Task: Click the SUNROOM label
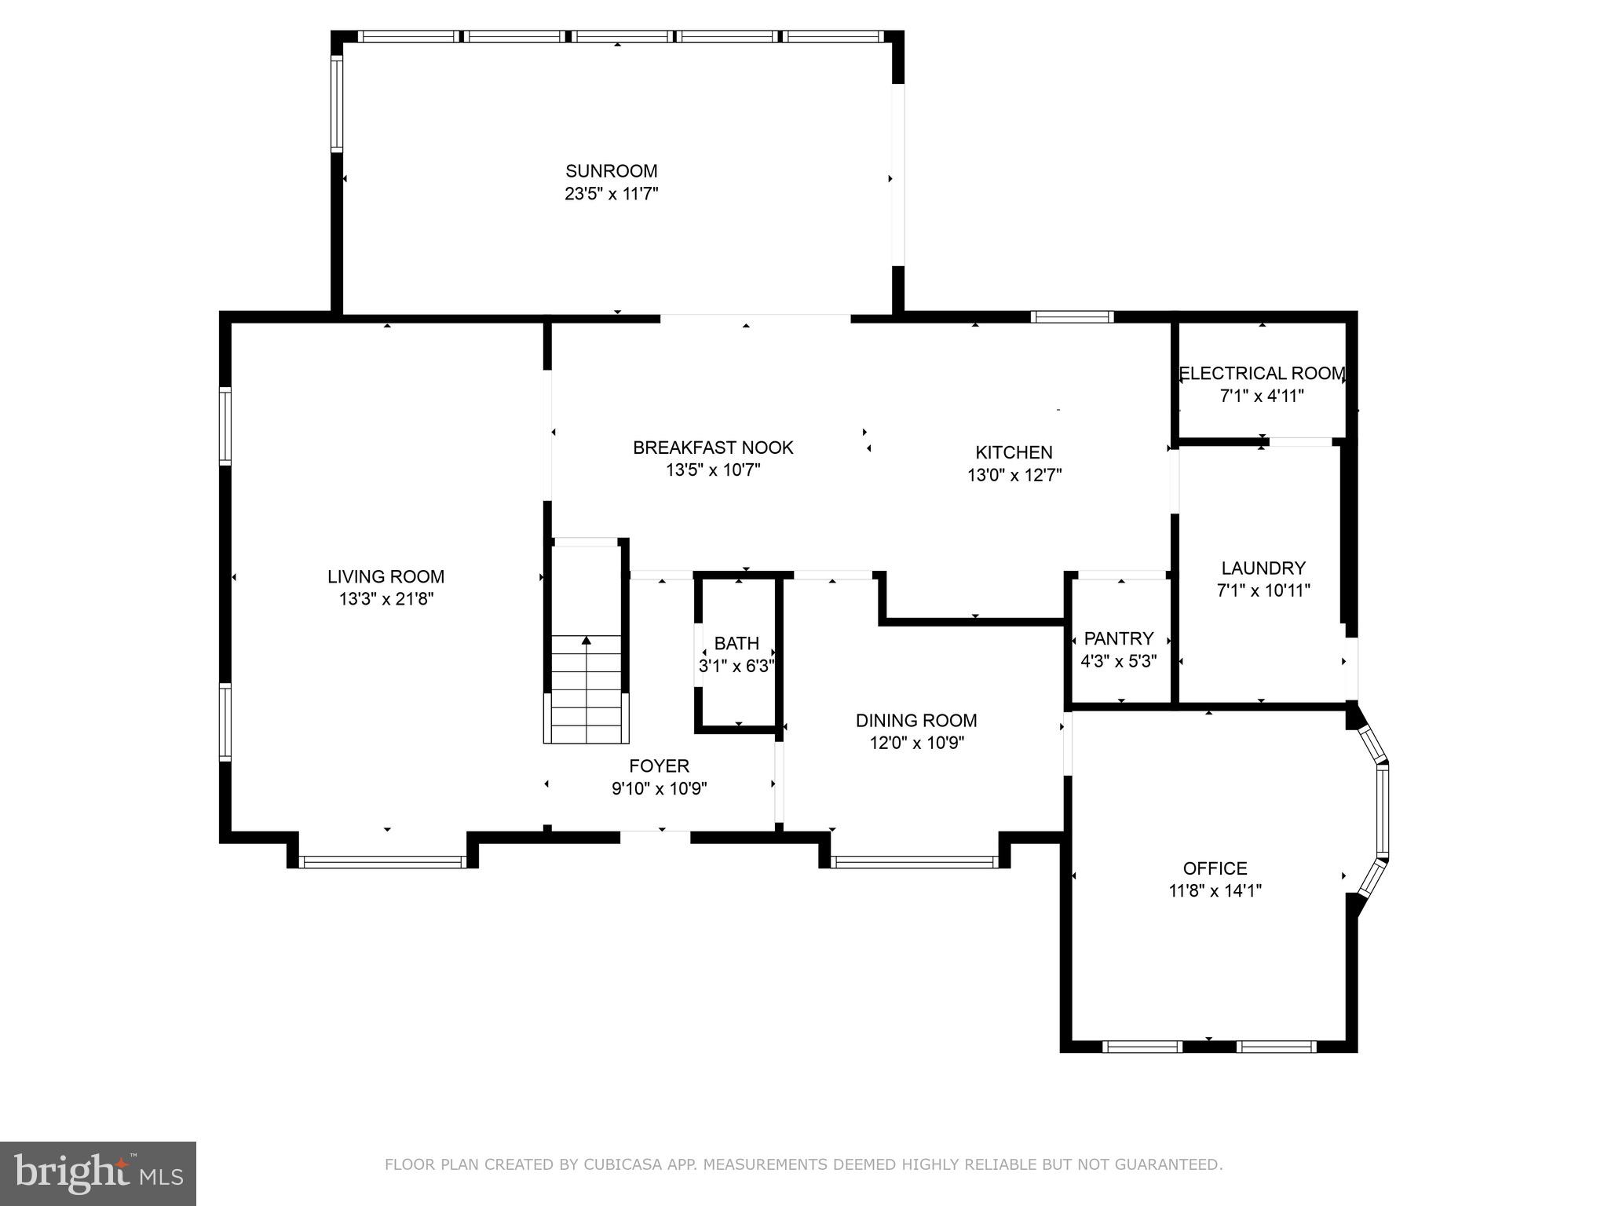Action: coord(611,171)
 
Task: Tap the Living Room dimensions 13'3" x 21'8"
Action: coord(386,599)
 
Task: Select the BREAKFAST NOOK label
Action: coord(713,448)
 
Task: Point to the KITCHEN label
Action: coord(1014,452)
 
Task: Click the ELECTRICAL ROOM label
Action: coord(1262,374)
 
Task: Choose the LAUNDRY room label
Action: coord(1263,568)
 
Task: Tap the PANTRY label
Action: coord(1119,638)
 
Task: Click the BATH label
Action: coord(736,644)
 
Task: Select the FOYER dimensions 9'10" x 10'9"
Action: coord(660,788)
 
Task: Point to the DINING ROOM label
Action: coord(916,721)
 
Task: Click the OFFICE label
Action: coord(1215,868)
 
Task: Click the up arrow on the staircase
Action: coord(587,641)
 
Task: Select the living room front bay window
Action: coord(383,862)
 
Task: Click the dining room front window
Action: coord(914,862)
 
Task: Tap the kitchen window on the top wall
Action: coord(1072,317)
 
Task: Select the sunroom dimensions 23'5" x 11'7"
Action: coord(611,194)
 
